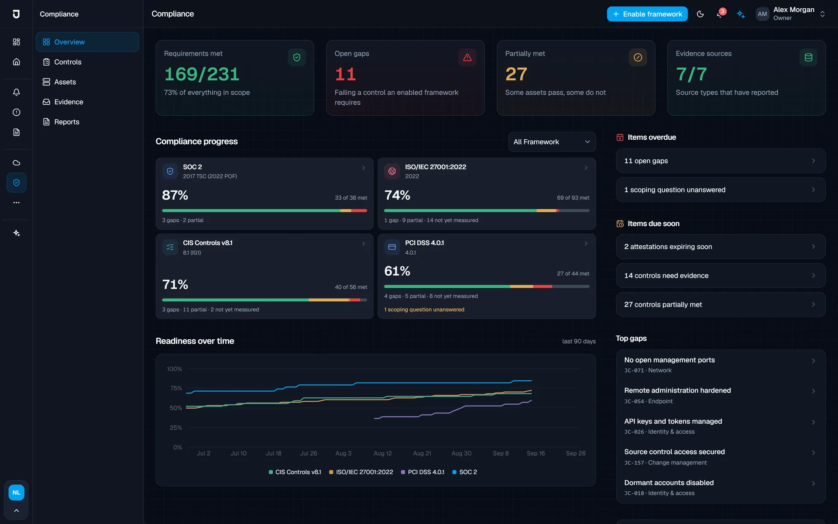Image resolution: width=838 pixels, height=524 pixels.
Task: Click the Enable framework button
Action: (647, 14)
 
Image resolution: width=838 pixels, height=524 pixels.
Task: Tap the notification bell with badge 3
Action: (720, 14)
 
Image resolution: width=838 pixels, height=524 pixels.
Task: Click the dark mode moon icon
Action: (700, 14)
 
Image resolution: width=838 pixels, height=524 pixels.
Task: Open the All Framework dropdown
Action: (552, 142)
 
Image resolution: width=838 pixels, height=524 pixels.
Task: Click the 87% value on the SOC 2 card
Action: (175, 195)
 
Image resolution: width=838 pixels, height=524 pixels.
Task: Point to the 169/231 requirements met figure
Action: (202, 74)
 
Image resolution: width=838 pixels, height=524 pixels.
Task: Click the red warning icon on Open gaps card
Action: (467, 57)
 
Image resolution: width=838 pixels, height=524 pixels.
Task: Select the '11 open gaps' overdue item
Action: (721, 161)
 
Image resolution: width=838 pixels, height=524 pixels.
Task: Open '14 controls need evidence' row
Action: (721, 276)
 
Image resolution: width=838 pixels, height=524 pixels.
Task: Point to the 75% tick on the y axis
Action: (176, 388)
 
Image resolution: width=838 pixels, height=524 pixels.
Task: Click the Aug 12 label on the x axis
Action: (383, 453)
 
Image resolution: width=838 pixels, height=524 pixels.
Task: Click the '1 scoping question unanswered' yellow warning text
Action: (424, 310)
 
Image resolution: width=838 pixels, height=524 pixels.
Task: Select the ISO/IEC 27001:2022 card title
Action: (436, 167)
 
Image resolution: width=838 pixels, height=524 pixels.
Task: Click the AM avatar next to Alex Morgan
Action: (762, 14)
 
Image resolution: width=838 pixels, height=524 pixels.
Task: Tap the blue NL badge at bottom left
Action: (16, 493)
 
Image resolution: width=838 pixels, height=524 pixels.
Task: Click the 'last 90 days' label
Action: (579, 341)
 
